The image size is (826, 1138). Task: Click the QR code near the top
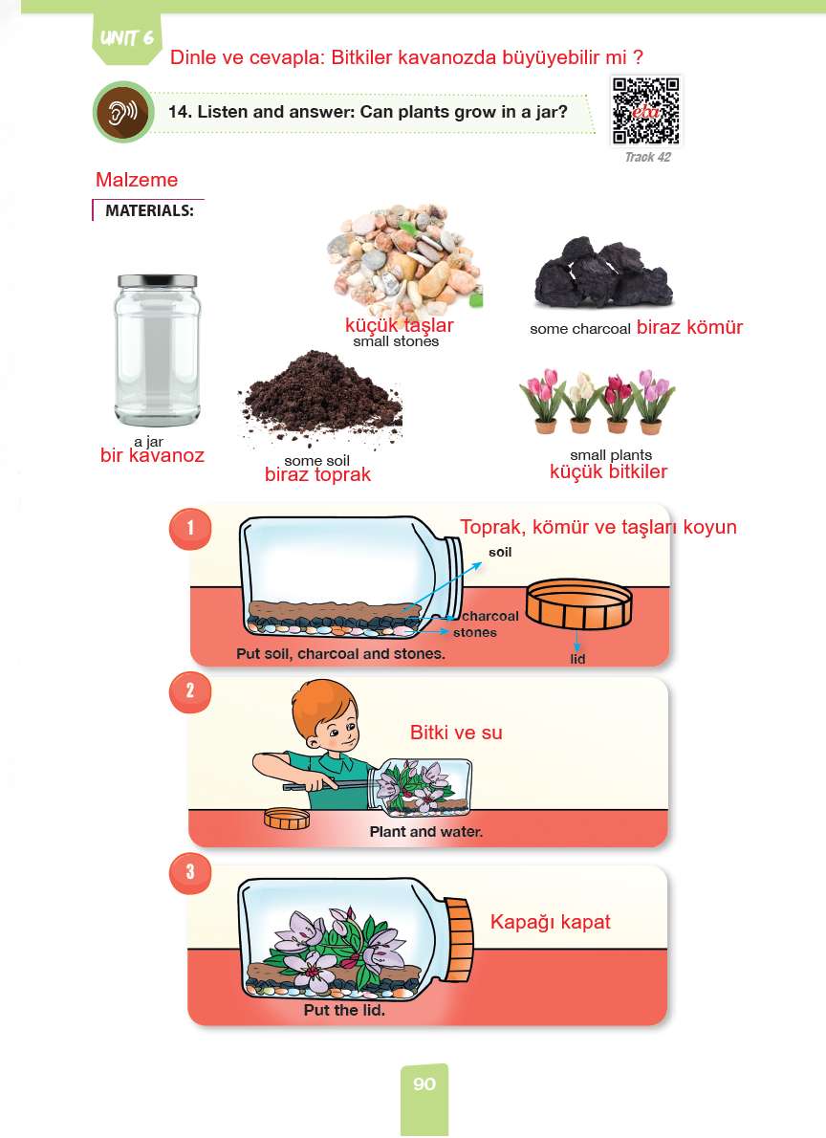pyautogui.click(x=646, y=111)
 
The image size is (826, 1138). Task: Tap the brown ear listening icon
pyautogui.click(x=122, y=113)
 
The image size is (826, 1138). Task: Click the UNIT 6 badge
pyautogui.click(x=127, y=38)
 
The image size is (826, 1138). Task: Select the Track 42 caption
pyautogui.click(x=647, y=157)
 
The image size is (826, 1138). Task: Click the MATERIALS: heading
pyautogui.click(x=149, y=210)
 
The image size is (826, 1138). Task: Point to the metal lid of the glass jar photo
pyautogui.click(x=158, y=281)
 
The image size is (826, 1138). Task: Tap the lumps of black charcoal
pyautogui.click(x=603, y=273)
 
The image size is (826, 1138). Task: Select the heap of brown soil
pyautogui.click(x=320, y=397)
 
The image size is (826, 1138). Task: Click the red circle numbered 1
pyautogui.click(x=190, y=528)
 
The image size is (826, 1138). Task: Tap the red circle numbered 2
pyautogui.click(x=190, y=690)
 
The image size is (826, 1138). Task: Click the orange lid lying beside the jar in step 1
pyautogui.click(x=578, y=602)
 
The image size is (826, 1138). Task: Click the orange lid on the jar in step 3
pyautogui.click(x=459, y=938)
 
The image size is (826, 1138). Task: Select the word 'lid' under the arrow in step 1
pyautogui.click(x=577, y=659)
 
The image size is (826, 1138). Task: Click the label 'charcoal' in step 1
pyautogui.click(x=490, y=616)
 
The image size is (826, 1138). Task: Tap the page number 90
pyautogui.click(x=424, y=1084)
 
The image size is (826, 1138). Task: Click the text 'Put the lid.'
pyautogui.click(x=344, y=1010)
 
